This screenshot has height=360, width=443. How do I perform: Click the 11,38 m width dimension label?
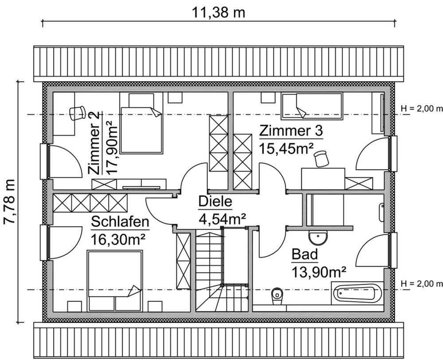point(218,12)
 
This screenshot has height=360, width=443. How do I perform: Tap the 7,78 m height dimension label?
point(10,201)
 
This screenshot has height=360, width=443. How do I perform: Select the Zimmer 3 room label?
point(291,132)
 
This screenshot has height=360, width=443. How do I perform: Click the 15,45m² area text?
point(287,148)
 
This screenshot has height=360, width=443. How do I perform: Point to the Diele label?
point(215,202)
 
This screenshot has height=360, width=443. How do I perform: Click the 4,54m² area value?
point(220,218)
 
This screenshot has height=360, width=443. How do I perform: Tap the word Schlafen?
point(120,222)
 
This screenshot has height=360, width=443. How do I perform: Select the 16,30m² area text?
point(119,239)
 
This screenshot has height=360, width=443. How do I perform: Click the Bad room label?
point(304,255)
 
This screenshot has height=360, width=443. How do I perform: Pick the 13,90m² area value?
point(319,271)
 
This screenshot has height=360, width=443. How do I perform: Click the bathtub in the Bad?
point(357,293)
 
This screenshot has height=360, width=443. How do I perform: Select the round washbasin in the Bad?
point(318,238)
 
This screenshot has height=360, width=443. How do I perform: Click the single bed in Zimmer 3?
point(312,107)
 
